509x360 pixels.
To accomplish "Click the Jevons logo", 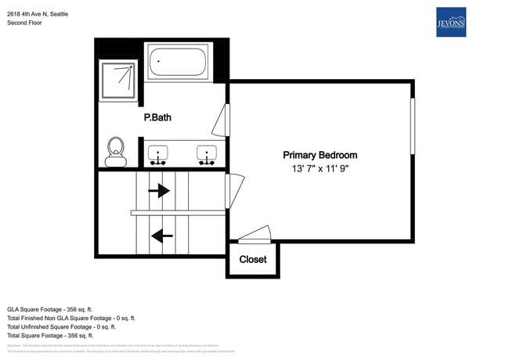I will [450, 22].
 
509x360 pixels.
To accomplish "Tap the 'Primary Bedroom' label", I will [319, 155].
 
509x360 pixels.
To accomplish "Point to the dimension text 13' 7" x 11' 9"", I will [319, 169].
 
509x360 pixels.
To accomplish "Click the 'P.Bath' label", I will [157, 118].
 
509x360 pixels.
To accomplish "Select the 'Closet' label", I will [252, 259].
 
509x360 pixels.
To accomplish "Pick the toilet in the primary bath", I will [116, 150].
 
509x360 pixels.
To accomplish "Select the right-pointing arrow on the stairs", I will [159, 190].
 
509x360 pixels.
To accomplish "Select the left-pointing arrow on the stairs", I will [162, 235].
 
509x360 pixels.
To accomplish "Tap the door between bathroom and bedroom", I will [222, 121].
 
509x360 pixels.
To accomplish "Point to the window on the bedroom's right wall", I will [412, 126].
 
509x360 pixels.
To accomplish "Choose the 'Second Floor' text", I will [24, 23].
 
